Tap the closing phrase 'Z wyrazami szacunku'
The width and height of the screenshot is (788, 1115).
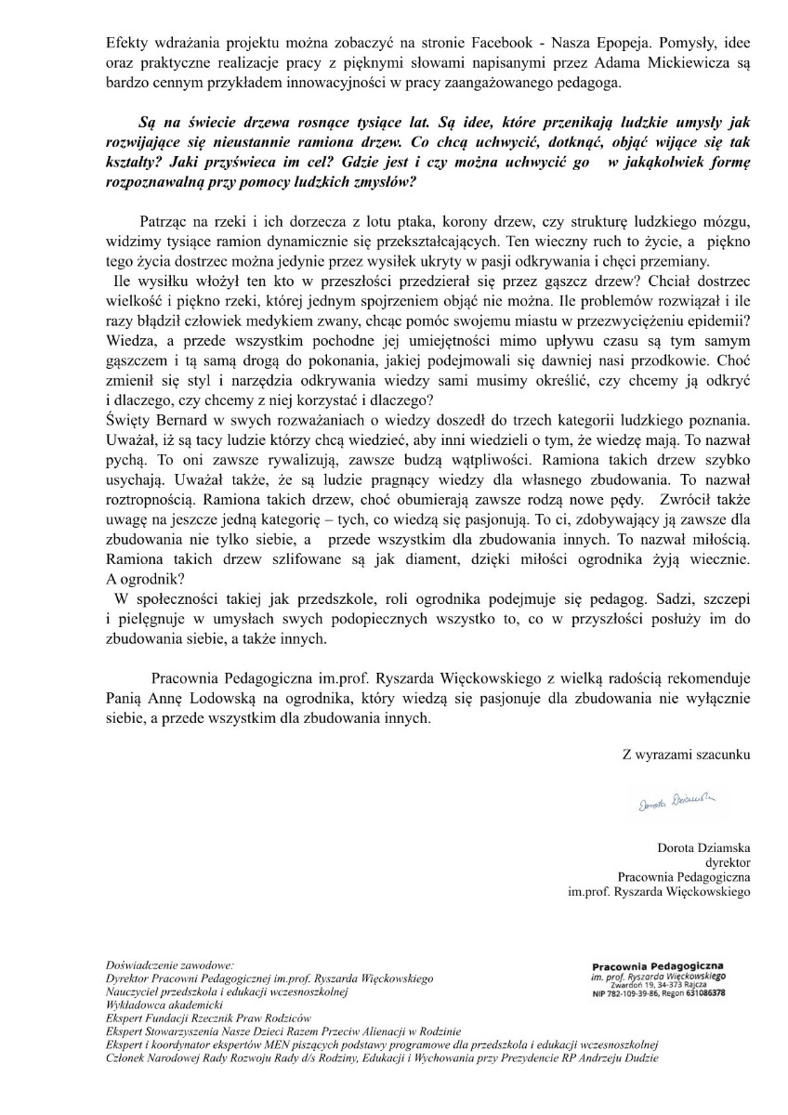686,754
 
